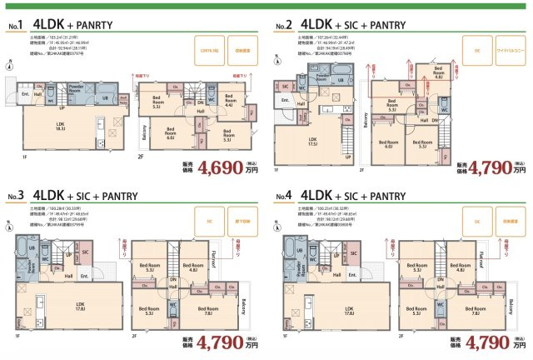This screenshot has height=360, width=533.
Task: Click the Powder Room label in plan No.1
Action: pyautogui.click(x=76, y=87)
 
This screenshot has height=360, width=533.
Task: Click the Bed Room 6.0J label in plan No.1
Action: pyautogui.click(x=171, y=131)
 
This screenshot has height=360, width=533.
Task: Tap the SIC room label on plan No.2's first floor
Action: pyautogui.click(x=285, y=86)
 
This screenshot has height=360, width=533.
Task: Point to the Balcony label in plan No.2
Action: pyautogui.click(x=366, y=122)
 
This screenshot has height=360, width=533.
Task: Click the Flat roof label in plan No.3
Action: pyautogui.click(x=217, y=262)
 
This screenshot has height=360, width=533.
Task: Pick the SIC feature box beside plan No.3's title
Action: pyautogui.click(x=205, y=222)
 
